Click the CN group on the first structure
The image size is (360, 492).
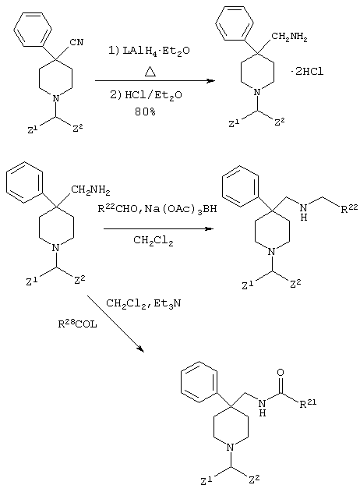[x=77, y=42]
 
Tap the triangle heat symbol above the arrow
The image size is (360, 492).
[x=150, y=73]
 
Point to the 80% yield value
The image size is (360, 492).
[x=145, y=111]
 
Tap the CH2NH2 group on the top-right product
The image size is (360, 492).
[x=289, y=37]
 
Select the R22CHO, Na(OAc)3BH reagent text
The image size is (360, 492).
[x=157, y=208]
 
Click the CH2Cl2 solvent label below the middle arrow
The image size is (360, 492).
[x=154, y=241]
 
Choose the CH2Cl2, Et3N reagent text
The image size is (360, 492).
[x=143, y=303]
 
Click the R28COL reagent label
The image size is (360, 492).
[x=77, y=324]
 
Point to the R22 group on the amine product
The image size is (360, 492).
[x=349, y=209]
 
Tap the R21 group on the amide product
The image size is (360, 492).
[x=308, y=404]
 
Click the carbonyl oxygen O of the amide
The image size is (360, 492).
[x=281, y=373]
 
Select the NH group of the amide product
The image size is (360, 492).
[x=263, y=408]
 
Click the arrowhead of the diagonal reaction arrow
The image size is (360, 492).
[x=140, y=349]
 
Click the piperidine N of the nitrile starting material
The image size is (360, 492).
[x=55, y=98]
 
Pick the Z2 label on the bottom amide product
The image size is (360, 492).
[x=254, y=479]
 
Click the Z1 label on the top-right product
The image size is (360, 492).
[x=234, y=124]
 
